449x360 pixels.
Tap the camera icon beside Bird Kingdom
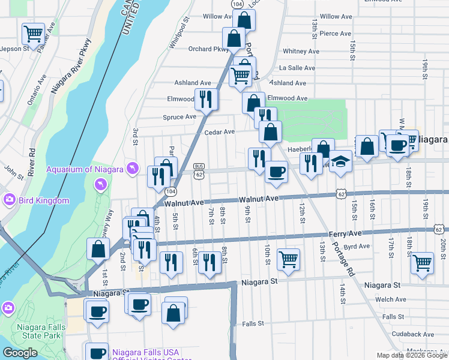click(8, 200)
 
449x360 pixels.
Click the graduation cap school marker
click(340, 161)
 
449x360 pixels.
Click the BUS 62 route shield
click(199, 170)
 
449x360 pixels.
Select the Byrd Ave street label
click(357, 246)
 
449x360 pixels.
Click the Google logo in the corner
click(20, 353)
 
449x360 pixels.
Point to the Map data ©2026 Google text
click(411, 355)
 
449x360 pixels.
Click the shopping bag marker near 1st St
click(98, 248)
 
